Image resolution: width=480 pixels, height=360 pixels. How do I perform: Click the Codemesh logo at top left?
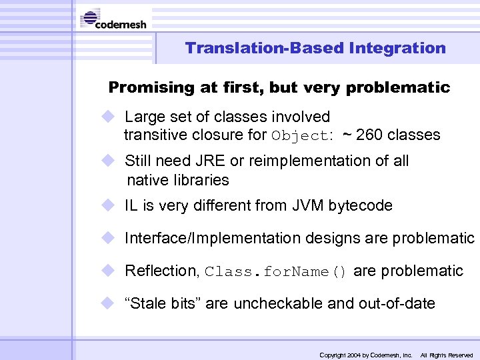(114, 19)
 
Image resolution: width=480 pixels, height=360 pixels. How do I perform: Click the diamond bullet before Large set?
(108, 117)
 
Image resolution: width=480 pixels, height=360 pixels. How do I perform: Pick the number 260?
(369, 135)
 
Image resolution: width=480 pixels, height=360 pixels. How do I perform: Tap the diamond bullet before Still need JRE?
(108, 161)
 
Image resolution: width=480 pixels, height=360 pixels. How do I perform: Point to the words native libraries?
(177, 180)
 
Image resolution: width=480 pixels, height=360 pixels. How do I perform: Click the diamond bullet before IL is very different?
(108, 205)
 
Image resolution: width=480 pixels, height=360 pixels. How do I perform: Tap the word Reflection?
(162, 271)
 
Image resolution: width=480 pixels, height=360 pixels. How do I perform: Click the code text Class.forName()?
(276, 272)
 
